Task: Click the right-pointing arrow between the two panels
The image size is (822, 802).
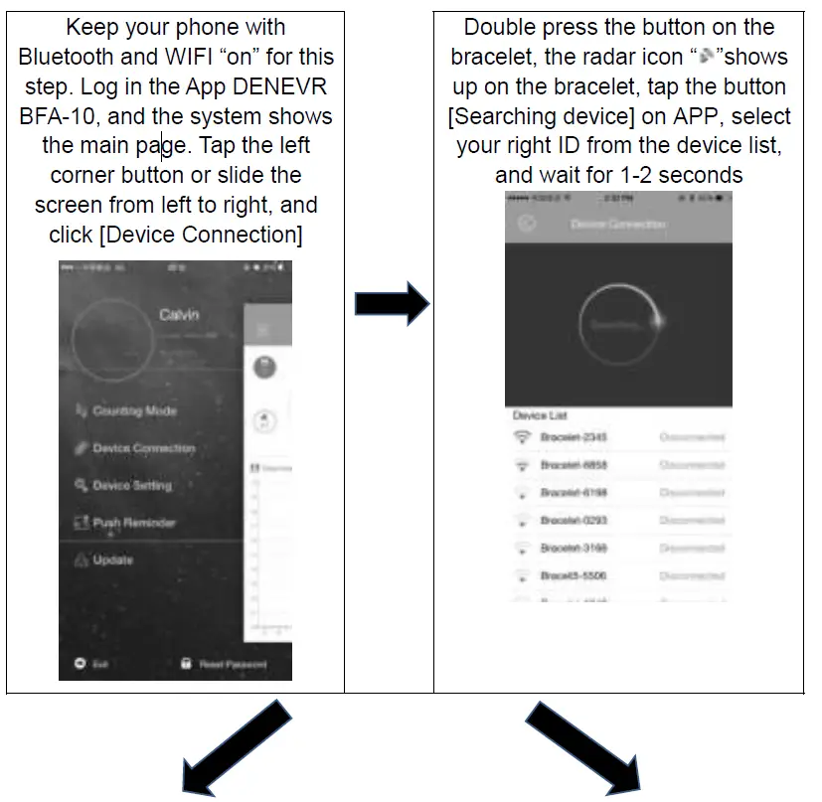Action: [x=391, y=303]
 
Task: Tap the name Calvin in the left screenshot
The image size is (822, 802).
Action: [x=179, y=314]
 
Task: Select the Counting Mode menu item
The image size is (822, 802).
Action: [x=133, y=410]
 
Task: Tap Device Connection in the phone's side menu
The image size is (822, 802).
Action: [x=142, y=448]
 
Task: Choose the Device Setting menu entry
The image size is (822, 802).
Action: [x=131, y=486]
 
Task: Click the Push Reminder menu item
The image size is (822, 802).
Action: [x=133, y=523]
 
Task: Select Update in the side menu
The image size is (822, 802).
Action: [x=112, y=561]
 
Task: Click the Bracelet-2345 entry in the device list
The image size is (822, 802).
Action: [x=574, y=437]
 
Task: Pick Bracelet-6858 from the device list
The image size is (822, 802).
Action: [x=574, y=465]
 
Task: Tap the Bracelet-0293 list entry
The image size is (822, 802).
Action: [x=574, y=520]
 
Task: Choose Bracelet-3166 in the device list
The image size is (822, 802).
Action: [x=574, y=548]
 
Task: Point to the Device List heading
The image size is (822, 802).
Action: [x=540, y=415]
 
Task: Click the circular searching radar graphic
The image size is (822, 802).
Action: [x=617, y=324]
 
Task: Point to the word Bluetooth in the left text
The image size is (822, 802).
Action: [x=67, y=57]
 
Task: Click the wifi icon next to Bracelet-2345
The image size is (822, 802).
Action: [x=522, y=437]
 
